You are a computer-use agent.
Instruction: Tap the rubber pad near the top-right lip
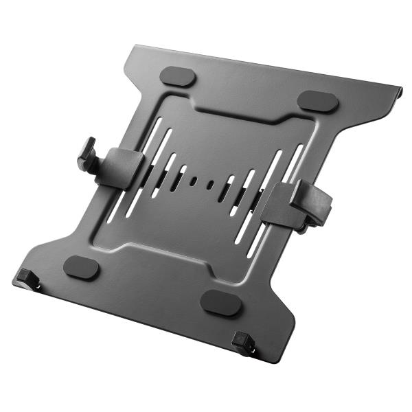point(318,100)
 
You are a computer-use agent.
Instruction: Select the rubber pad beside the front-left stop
point(81,267)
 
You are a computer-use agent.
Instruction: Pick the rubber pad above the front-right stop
point(220,302)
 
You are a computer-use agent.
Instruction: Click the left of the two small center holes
point(194,181)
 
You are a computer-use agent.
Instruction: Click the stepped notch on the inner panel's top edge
point(237,117)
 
